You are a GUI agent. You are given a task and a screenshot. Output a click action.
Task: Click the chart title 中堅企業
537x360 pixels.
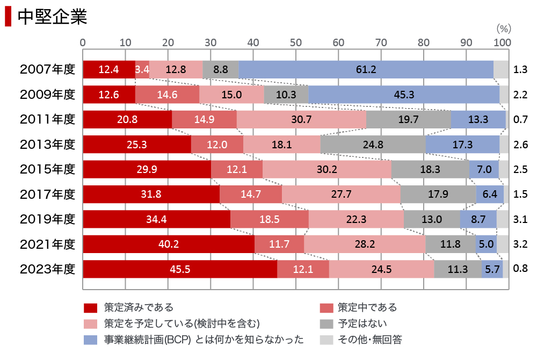(52, 16)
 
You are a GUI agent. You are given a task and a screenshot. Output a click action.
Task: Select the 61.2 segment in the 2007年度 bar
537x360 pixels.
(366, 69)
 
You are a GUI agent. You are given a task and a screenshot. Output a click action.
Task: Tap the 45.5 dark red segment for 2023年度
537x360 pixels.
(180, 269)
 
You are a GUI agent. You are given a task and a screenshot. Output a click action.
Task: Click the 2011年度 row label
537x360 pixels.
(47, 119)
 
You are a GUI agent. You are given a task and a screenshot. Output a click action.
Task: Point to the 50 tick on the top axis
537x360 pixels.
(295, 42)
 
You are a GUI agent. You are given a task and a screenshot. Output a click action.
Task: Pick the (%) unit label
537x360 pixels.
(503, 28)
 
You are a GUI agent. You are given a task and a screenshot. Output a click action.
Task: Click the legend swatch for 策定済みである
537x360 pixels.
(90, 308)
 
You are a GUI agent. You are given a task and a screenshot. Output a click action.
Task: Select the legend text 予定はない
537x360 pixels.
(362, 323)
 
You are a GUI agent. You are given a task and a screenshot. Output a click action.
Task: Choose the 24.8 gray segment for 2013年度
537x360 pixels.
(373, 145)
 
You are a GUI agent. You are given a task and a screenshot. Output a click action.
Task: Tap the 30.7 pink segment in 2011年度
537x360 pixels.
(301, 119)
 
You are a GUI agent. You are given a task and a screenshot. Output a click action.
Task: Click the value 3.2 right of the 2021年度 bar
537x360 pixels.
(520, 244)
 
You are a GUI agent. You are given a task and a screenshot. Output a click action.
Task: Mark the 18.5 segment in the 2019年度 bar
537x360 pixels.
(270, 219)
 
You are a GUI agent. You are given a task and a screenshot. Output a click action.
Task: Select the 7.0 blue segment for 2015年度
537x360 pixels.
(484, 169)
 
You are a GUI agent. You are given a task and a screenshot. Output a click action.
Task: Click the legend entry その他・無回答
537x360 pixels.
(370, 339)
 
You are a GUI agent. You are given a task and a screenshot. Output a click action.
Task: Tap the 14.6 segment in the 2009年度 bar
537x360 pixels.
(167, 95)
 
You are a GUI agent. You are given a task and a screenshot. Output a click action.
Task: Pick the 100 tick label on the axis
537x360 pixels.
(502, 42)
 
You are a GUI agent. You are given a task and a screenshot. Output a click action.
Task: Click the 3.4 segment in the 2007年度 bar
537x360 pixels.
(142, 69)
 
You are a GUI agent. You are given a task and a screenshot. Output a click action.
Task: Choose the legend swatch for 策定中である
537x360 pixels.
(326, 308)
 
